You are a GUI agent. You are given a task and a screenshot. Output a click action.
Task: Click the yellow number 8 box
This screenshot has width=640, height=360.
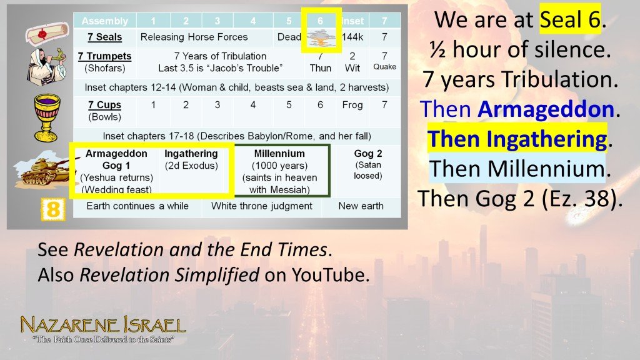coord(52,209)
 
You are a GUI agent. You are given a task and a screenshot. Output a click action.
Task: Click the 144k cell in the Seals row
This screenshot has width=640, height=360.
coord(352,37)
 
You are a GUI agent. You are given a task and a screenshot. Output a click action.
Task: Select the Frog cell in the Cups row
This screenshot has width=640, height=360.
coord(352,105)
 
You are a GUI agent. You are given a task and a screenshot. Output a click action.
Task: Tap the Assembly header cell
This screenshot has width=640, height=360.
coord(104,21)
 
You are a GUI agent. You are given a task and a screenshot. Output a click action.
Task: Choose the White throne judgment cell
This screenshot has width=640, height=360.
coord(261,206)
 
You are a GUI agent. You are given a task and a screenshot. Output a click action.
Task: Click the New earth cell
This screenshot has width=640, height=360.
coord(361,206)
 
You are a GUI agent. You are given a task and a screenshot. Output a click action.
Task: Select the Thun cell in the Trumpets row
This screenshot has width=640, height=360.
coord(321,68)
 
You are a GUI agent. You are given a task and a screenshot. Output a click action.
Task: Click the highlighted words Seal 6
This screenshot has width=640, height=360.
coord(570,20)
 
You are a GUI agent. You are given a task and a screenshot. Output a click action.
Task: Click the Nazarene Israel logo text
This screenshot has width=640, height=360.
coord(102,326)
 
